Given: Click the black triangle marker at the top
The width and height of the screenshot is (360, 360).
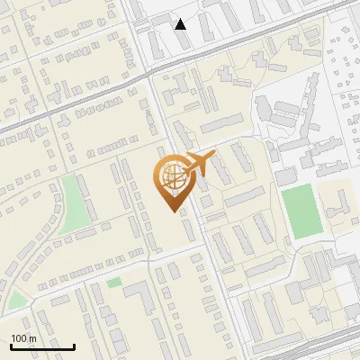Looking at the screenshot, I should coord(181,24).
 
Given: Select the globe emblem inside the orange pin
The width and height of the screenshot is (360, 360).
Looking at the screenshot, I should coord(171,178).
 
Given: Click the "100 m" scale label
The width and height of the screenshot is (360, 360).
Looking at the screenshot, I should coord(23,338).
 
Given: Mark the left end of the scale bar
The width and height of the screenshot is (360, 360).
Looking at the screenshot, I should coord(11,346).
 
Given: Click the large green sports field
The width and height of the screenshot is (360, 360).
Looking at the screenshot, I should coord(301,211).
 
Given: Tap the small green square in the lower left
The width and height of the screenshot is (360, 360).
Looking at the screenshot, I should coord(114,283).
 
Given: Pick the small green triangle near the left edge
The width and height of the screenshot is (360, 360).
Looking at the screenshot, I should coord(16,301).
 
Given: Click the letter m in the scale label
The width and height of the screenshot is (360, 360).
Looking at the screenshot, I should coord(31,338).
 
